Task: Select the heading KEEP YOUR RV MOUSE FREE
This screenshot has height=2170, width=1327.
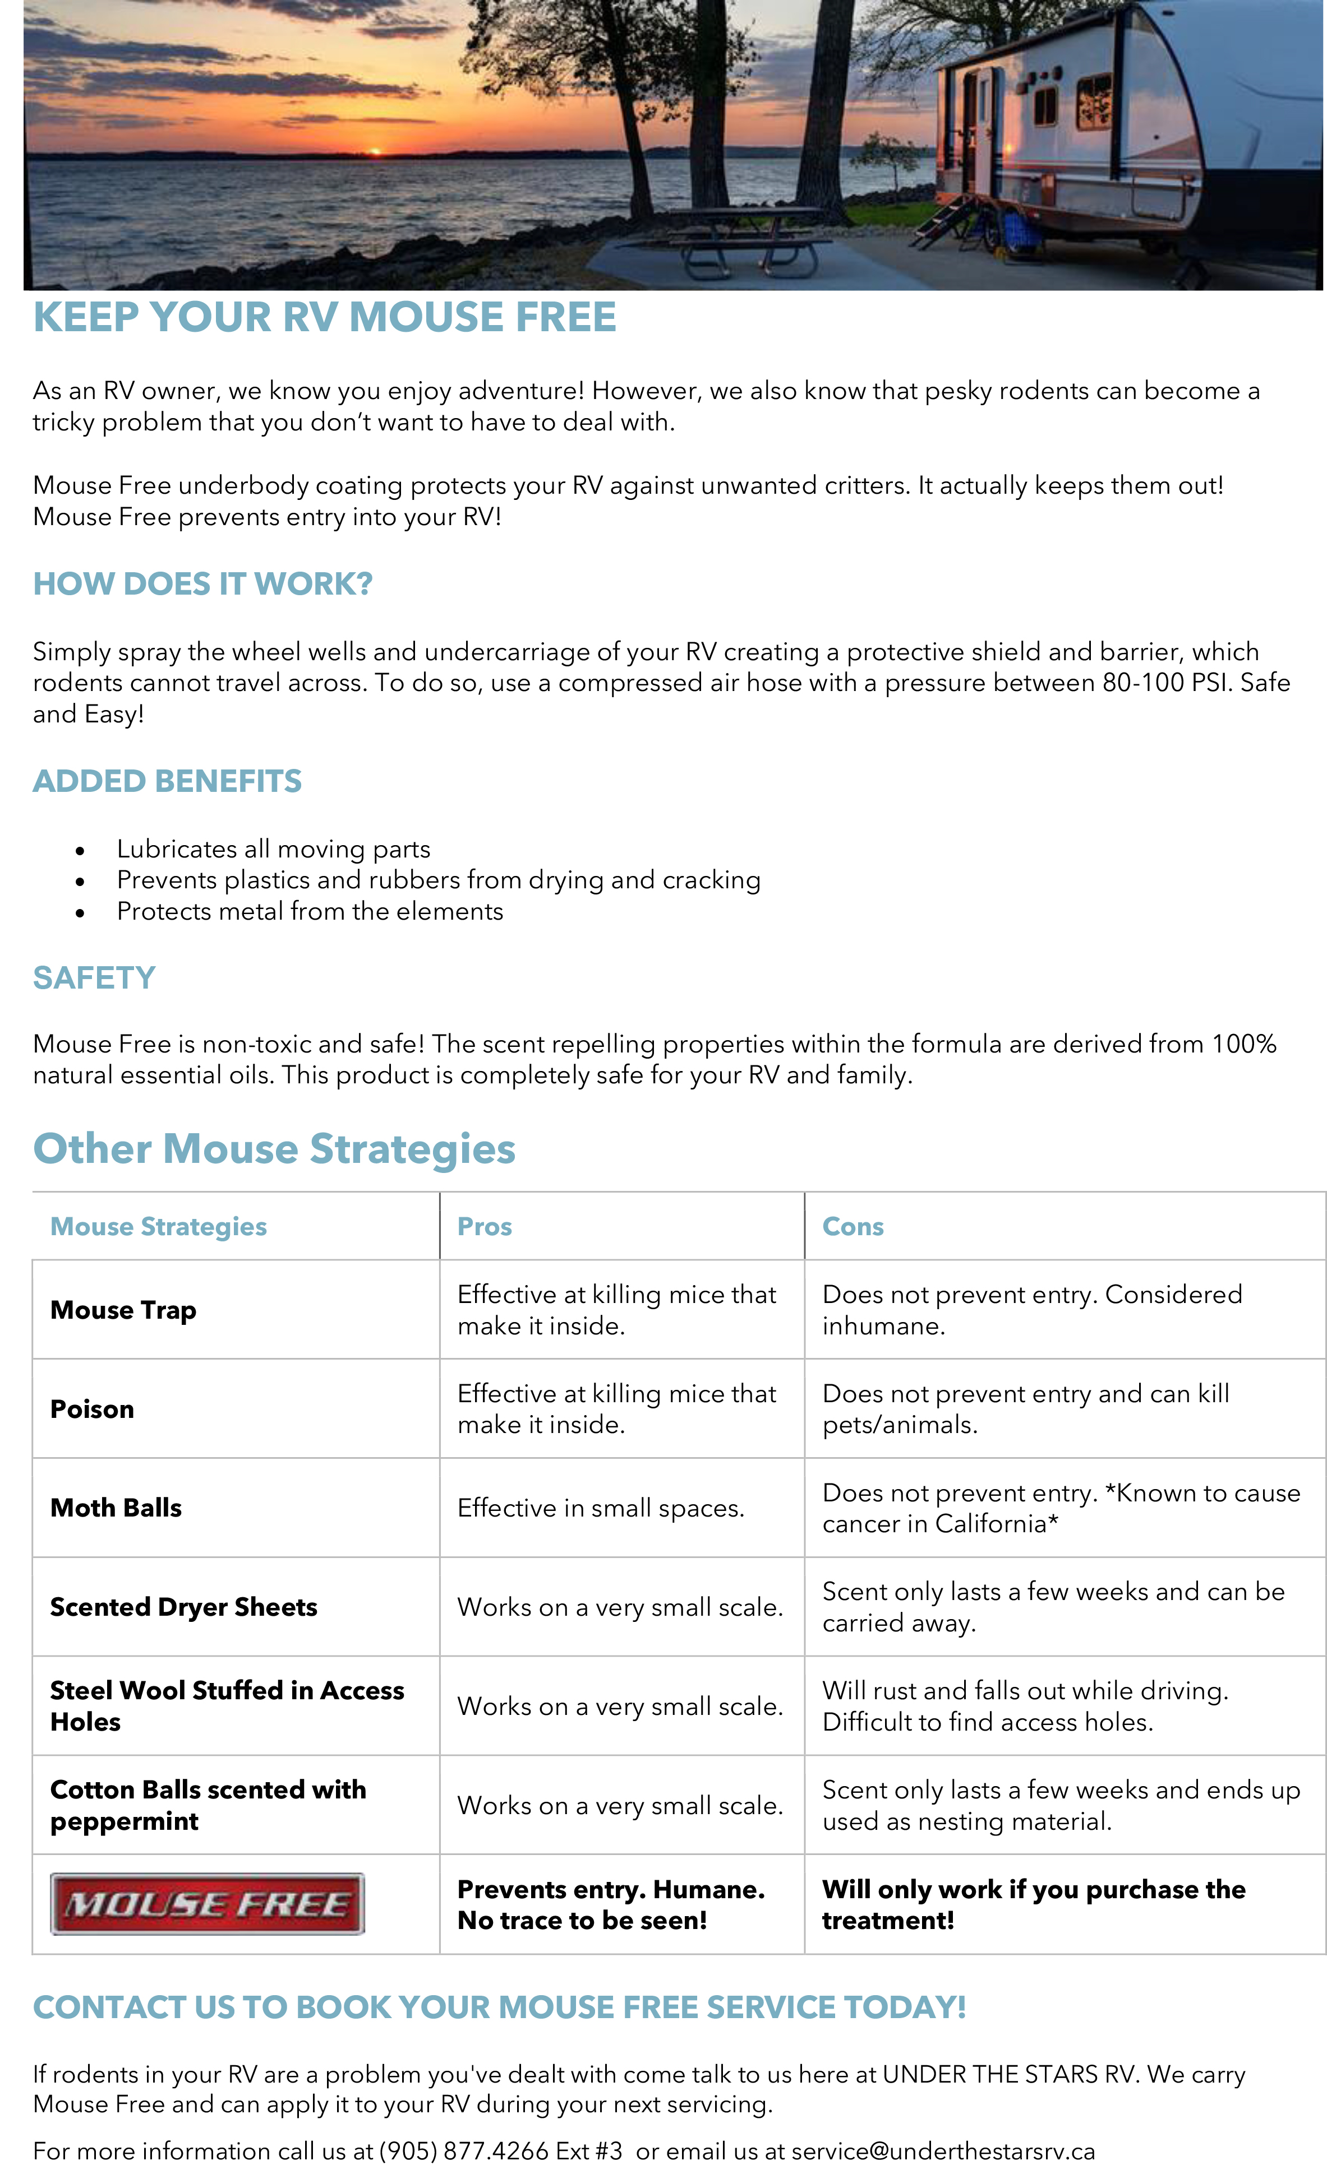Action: coord(324,317)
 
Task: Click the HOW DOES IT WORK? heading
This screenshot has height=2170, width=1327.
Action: coord(202,584)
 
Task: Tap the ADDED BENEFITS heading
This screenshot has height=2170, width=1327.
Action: coord(167,781)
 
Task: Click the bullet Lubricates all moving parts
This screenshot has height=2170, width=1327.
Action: coord(273,849)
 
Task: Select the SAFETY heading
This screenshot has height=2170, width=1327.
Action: coord(94,977)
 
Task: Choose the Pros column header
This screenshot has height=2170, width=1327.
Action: coord(485,1227)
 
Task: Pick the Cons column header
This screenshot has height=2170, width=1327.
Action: coord(853,1227)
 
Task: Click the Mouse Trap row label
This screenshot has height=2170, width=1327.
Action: coord(123,1310)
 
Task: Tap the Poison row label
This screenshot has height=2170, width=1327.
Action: coord(93,1409)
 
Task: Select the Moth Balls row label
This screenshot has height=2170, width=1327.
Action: coord(116,1508)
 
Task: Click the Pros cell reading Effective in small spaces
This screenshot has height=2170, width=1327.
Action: coord(601,1509)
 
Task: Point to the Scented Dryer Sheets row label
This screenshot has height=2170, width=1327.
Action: coord(183,1607)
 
